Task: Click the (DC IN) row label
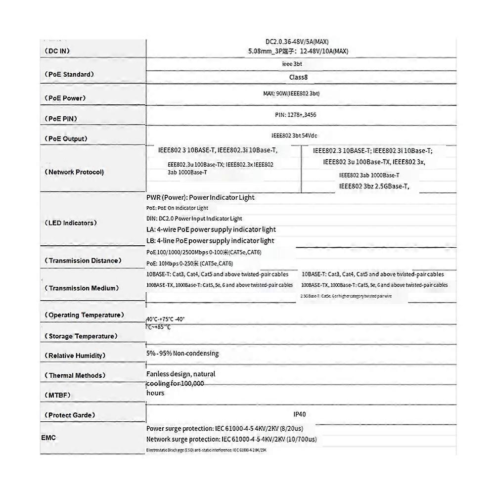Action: coord(59,51)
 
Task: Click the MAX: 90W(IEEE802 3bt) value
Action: coord(294,93)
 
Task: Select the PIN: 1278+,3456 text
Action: coord(296,115)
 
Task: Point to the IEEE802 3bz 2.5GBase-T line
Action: coord(374,186)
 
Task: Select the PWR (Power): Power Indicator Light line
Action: coord(200,197)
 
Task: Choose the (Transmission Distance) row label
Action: coord(83,260)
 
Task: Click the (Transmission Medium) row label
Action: coord(81,288)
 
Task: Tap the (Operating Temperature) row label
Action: coord(84,315)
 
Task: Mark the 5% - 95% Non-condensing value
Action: coord(182,353)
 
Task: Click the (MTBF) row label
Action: coord(57,395)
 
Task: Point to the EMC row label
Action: coord(48,438)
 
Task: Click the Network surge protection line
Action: coord(231,439)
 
